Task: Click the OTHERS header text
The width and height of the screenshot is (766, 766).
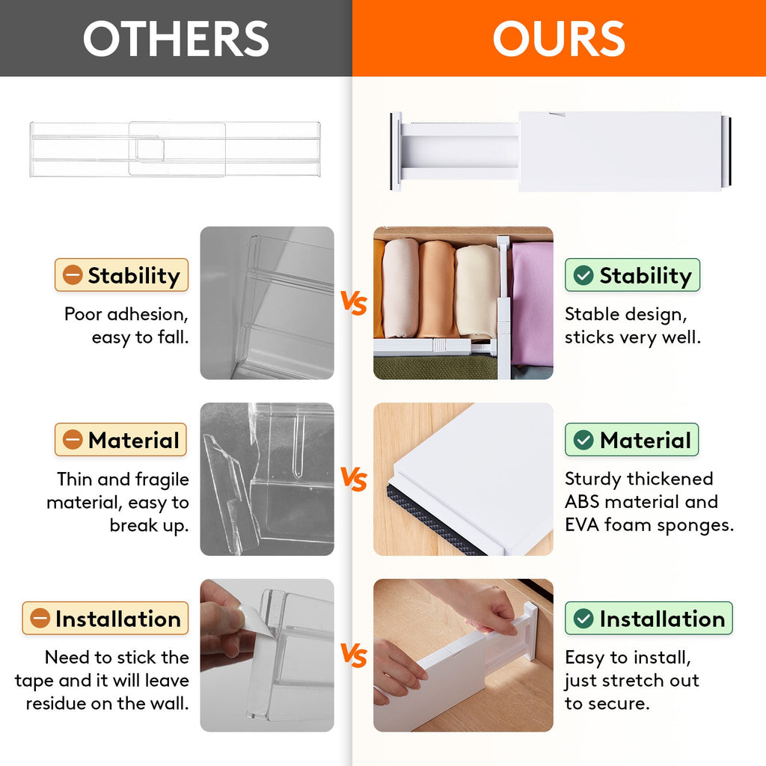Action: [176, 39]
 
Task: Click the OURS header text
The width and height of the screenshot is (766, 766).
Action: [558, 39]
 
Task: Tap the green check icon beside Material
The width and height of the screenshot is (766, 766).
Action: [583, 440]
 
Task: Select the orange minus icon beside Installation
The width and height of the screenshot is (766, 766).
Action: [40, 619]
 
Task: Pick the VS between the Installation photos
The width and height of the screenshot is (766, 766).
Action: [354, 656]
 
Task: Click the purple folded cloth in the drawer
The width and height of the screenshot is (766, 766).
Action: [532, 303]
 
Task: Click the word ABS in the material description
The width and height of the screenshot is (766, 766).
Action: [585, 502]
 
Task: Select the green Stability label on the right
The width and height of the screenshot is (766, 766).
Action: [632, 275]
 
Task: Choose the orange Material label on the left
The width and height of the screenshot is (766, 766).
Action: [120, 440]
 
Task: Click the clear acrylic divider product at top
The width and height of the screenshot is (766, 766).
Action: [176, 149]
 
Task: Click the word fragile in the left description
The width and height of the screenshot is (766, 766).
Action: [162, 479]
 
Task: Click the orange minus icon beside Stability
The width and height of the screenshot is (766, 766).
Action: [73, 275]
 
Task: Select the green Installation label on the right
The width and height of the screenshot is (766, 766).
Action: [649, 619]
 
